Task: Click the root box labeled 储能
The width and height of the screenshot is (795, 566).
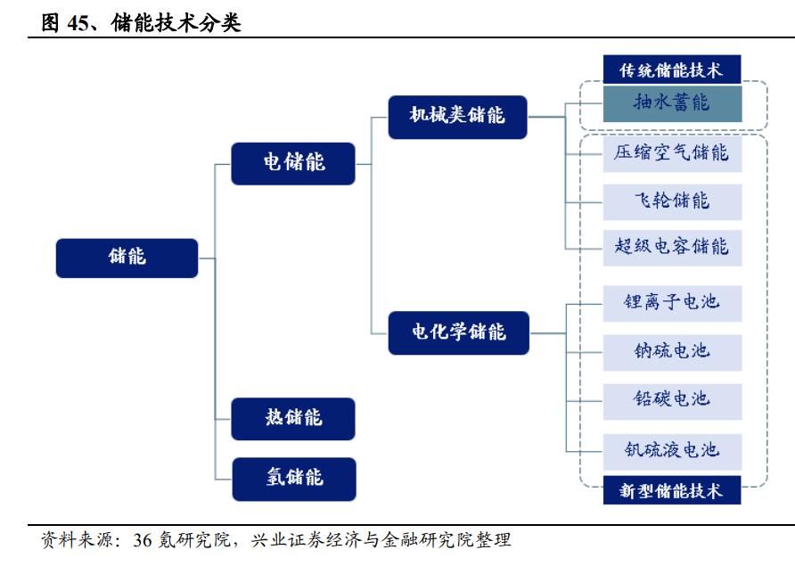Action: coord(127,258)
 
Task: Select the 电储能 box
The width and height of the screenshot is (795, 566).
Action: coord(293,163)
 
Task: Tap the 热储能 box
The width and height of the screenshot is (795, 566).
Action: coord(293,418)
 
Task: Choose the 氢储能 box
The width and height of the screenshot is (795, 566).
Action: coord(293,479)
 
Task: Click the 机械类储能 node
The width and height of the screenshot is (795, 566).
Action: coord(457,117)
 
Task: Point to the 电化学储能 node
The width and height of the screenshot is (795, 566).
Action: coord(458,332)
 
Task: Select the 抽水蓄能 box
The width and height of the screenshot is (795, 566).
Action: coord(672,103)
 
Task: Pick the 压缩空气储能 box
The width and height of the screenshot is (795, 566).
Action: coord(672,153)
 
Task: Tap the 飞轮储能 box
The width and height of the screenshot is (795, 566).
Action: coord(672,201)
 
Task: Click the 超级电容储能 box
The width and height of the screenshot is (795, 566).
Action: coord(672,247)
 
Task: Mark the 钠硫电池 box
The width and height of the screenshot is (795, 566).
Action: coord(672,351)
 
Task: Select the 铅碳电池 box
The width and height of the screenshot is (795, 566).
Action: coord(672,399)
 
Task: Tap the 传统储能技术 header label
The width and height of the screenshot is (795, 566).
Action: coord(672,70)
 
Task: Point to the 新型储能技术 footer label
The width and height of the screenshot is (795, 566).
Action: coord(672,490)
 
